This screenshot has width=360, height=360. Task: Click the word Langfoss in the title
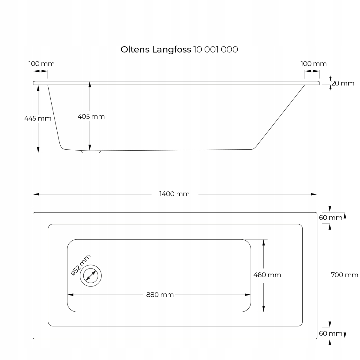tap(172, 50)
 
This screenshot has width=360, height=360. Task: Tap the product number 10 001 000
tap(216, 50)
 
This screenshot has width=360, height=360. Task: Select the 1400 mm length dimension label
tap(174, 194)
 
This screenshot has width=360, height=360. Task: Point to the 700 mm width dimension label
tap(344, 275)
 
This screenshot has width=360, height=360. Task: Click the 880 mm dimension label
tap(160, 295)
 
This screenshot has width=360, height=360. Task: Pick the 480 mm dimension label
tap(267, 275)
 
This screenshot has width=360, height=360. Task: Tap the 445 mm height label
tap(38, 118)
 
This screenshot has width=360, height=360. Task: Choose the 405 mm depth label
tap(91, 117)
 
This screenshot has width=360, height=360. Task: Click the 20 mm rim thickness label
tap(343, 83)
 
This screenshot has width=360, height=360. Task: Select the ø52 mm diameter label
tap(81, 265)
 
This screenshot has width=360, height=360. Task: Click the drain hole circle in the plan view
tap(91, 276)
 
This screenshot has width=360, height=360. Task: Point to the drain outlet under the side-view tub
tap(91, 152)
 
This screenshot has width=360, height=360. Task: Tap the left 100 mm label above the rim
tap(41, 64)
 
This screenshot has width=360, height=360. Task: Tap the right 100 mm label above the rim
tap(313, 64)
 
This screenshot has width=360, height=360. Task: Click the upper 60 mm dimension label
tap(330, 217)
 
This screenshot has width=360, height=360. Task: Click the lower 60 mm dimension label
tap(330, 333)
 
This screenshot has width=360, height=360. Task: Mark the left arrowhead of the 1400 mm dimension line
tap(36, 194)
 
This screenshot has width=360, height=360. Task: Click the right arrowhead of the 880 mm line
tap(248, 295)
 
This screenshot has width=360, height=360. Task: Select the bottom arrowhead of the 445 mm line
tap(38, 150)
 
